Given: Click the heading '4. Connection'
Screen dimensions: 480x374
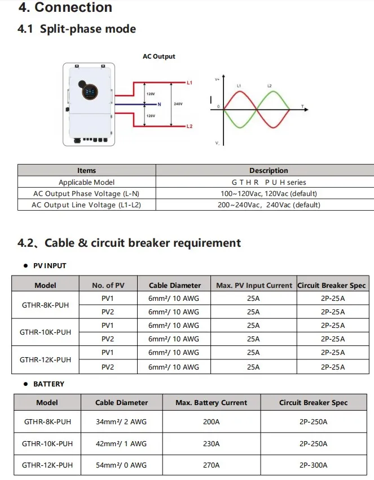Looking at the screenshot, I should (x=65, y=7).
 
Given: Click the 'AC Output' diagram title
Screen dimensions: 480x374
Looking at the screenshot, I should (x=159, y=56).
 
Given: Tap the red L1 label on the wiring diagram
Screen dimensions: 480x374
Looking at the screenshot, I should (x=190, y=83).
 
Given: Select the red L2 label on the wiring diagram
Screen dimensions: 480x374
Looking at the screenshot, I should (x=190, y=126).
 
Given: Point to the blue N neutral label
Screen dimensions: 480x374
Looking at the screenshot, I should (x=160, y=105).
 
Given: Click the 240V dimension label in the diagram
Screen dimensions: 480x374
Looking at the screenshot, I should (x=178, y=105).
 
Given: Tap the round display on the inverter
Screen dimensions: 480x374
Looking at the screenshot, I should (x=90, y=90).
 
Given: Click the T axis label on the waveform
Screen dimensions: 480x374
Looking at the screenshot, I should (x=302, y=106).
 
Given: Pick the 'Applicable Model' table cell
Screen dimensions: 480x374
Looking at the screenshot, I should (x=86, y=182).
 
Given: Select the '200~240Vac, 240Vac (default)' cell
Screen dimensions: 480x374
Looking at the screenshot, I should (x=269, y=205).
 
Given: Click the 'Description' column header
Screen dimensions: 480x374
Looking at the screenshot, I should (x=269, y=170).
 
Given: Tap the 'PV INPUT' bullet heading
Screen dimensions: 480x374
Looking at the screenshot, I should (x=50, y=265).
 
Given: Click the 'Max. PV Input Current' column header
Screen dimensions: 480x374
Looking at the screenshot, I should (x=254, y=285).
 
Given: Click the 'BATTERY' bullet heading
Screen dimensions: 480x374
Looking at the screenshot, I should (x=49, y=384).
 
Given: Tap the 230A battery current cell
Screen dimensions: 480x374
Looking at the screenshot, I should (x=211, y=443).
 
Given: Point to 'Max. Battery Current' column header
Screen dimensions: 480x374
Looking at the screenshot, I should (x=211, y=402).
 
